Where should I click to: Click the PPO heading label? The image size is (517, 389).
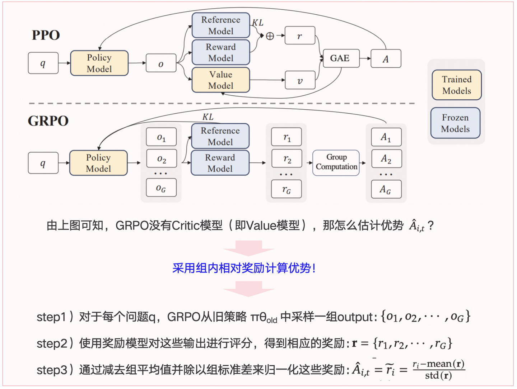tap(46, 35)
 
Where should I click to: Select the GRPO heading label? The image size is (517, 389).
tap(48, 121)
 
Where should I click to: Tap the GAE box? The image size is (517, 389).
tap(340, 58)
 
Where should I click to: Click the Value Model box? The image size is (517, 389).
tap(221, 80)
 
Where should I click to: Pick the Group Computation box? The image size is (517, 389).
tap(336, 162)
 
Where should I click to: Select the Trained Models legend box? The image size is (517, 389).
tap(456, 85)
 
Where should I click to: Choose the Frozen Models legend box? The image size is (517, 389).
tap(455, 123)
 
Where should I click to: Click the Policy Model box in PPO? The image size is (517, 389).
tap(99, 63)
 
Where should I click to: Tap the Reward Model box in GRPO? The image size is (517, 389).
tap(220, 163)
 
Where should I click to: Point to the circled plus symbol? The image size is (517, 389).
tap(270, 36)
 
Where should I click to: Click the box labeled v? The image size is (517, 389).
tap(300, 80)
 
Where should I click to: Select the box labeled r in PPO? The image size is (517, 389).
tap(300, 35)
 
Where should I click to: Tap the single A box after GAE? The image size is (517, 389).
tap(386, 59)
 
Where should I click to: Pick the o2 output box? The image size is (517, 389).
tap(162, 159)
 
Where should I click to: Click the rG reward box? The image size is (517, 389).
tap(287, 189)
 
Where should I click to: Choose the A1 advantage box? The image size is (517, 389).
tap(386, 137)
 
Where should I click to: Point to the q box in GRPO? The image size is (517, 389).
tap(43, 163)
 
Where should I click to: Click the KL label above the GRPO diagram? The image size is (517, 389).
tap(208, 117)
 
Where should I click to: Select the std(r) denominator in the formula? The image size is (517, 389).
tap(438, 376)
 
